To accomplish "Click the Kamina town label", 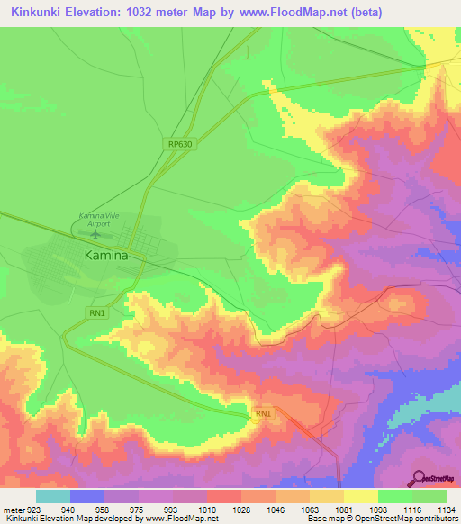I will pos(106,255).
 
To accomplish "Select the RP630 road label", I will pos(180,144).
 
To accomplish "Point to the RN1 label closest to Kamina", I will pos(97,313).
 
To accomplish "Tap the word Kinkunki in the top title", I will pos(40,13).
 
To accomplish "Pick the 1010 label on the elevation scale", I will pos(208,509).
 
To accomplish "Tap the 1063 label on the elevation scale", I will pos(311,509).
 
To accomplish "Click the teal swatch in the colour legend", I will pos(53,496).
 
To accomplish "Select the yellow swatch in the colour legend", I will pos(360,496).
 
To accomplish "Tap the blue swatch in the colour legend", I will pos(87,496).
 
